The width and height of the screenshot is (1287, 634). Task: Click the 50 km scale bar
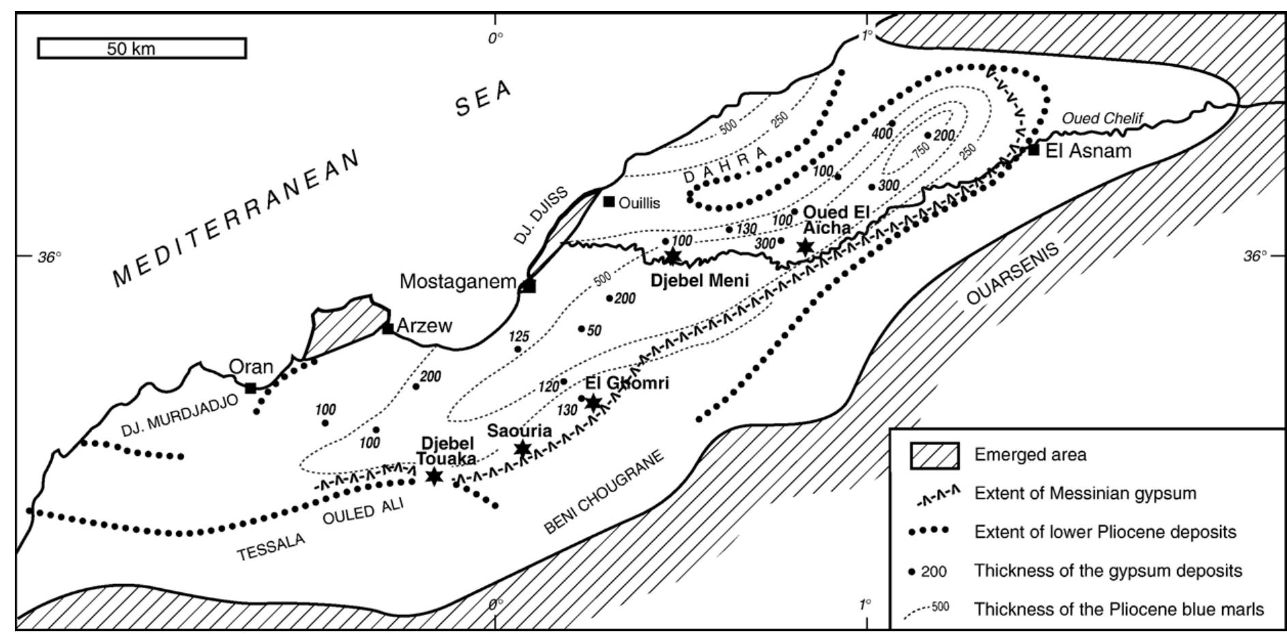(141, 48)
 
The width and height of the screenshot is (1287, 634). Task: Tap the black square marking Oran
(250, 388)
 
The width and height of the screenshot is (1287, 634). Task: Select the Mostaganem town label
(457, 281)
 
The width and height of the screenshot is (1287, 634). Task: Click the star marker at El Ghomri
(593, 403)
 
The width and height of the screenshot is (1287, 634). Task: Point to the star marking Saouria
(522, 448)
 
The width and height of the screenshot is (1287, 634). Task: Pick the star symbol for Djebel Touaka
(434, 476)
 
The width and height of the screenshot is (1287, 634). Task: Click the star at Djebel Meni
(672, 257)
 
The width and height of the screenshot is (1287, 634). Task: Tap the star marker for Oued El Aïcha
(805, 246)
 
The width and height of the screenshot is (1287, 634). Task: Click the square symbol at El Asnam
(1033, 149)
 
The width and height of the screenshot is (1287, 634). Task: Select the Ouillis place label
(639, 203)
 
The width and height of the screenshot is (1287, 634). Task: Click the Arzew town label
(424, 326)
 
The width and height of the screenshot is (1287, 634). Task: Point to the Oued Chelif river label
(1102, 119)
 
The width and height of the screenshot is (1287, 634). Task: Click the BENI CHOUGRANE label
(604, 493)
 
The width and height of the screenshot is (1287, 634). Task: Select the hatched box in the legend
(935, 455)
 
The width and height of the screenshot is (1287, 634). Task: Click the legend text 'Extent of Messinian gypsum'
(1085, 493)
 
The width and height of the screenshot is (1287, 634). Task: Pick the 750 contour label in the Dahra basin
(921, 150)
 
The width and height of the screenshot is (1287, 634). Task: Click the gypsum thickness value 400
(881, 133)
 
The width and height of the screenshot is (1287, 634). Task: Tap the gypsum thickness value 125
(518, 336)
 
